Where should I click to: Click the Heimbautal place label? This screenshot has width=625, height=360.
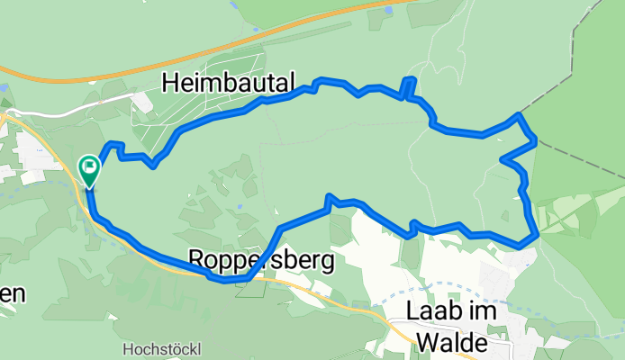coord(228,84)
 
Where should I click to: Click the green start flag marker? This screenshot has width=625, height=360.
coord(90,166)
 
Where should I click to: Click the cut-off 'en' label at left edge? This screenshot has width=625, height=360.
coord(13,294)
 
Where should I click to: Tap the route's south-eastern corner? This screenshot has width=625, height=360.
coord(537,234)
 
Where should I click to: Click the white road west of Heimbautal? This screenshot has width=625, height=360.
coord(81,105)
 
